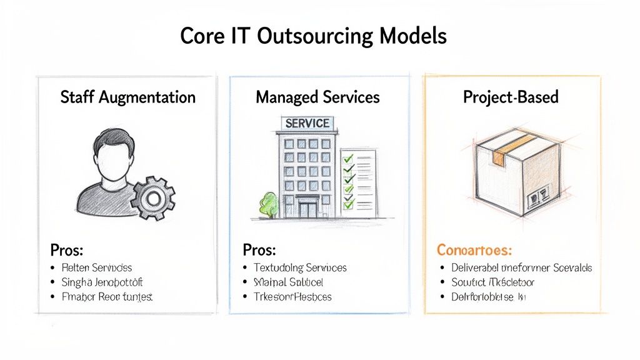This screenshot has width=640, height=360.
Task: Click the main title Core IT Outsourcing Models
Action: [313, 36]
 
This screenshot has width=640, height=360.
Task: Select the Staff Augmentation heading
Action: [127, 97]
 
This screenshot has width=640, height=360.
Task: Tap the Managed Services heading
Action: [317, 97]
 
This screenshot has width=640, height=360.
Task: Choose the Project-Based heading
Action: [511, 97]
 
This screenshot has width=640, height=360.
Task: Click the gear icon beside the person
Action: [152, 197]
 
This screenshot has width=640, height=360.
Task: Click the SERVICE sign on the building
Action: [307, 124]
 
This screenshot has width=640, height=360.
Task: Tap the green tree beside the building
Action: [268, 204]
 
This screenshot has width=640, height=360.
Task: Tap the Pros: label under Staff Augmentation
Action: [67, 250]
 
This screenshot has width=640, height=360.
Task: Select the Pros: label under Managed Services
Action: [259, 250]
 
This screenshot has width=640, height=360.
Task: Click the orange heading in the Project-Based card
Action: [474, 251]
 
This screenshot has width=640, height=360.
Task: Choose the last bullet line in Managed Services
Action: [292, 296]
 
